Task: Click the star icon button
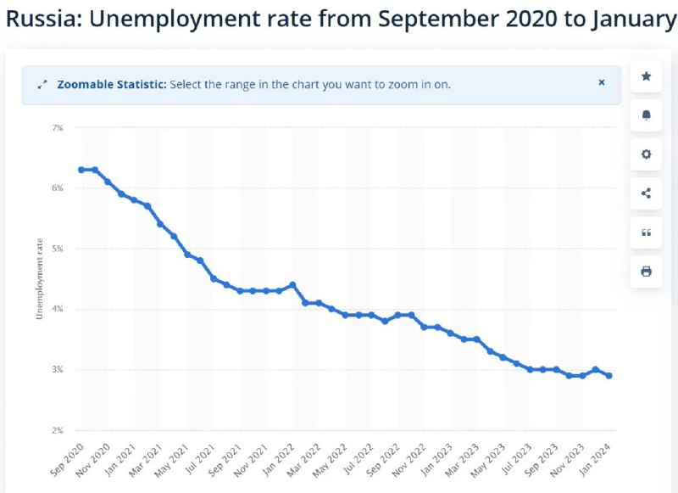click(x=646, y=76)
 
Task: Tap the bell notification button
click(x=646, y=115)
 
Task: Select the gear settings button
click(x=646, y=154)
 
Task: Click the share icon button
click(x=646, y=193)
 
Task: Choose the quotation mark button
click(x=646, y=232)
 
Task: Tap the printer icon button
click(x=646, y=272)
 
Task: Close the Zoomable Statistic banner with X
click(x=602, y=83)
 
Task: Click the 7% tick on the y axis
click(x=58, y=127)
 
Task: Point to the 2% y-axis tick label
click(x=58, y=430)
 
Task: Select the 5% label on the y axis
click(x=58, y=249)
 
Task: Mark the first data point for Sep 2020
click(x=81, y=170)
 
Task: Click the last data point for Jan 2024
click(x=609, y=376)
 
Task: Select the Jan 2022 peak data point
click(x=292, y=285)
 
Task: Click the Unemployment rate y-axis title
click(x=39, y=279)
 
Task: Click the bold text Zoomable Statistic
click(x=111, y=85)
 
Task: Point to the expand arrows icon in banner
click(x=42, y=85)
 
